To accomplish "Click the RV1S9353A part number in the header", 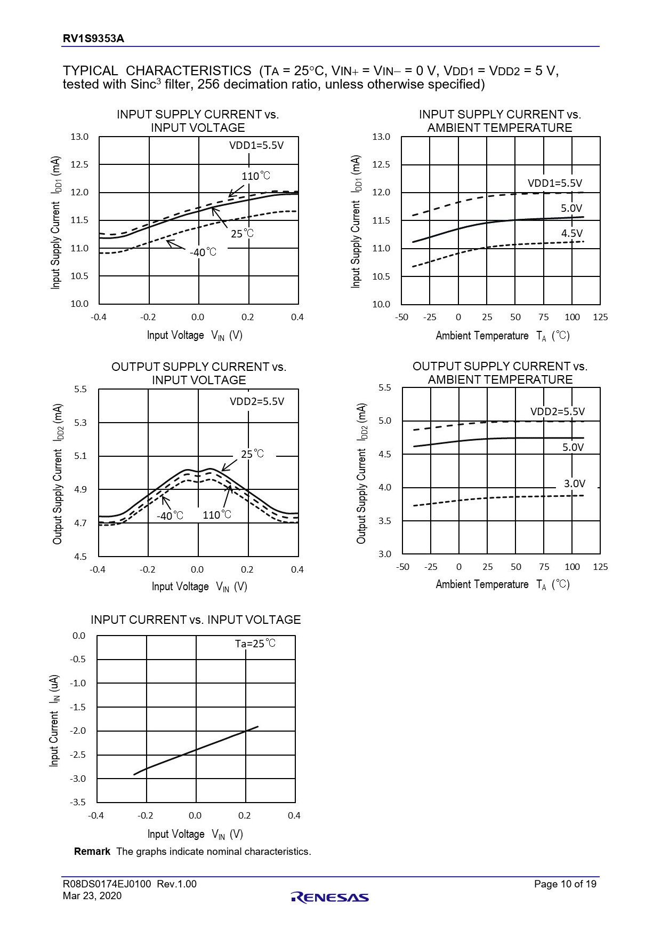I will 93,38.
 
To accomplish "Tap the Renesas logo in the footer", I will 330,898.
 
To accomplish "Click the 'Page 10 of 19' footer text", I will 565,884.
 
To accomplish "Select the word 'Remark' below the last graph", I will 92,852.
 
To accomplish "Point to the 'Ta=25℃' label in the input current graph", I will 255,644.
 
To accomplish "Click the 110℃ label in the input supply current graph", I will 256,176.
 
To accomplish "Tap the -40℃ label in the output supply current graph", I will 170,515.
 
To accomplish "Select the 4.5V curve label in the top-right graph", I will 571,233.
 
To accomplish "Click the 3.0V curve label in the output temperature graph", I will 575,483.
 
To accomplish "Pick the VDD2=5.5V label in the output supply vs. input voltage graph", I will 257,401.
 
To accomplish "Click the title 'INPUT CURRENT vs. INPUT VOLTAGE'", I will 196,620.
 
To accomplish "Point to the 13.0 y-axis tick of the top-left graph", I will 79,137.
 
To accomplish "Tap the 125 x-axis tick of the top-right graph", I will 600,317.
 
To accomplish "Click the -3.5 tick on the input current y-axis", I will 78,802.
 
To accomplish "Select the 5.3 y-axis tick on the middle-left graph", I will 80,423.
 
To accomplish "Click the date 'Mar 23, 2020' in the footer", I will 92,896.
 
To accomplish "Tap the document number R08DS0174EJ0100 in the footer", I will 107,884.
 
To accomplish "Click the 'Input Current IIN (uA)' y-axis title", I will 54,720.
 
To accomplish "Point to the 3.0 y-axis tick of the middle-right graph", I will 384,554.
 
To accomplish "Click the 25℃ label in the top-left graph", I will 242,234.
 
